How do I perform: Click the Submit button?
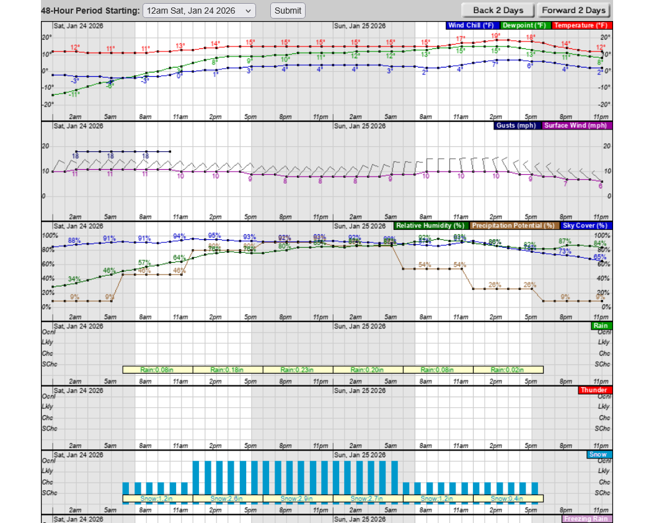[x=288, y=11]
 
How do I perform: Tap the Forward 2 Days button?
[x=573, y=11]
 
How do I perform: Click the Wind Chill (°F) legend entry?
[x=472, y=25]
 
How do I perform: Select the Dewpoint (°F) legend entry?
[x=524, y=25]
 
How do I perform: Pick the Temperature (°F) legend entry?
[x=580, y=25]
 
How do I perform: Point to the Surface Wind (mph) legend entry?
[x=577, y=125]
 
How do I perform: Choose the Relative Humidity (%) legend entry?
[x=431, y=226]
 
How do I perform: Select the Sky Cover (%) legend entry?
[x=585, y=226]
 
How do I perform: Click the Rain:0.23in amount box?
[x=298, y=370]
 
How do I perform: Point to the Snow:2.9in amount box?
[x=298, y=498]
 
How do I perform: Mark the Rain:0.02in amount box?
[x=508, y=370]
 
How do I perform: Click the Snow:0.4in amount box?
[x=508, y=498]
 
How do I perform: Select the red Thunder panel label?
[x=594, y=390]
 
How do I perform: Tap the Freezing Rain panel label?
[x=586, y=519]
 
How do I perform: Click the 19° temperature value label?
[x=496, y=36]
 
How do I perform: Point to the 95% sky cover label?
[x=214, y=235]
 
